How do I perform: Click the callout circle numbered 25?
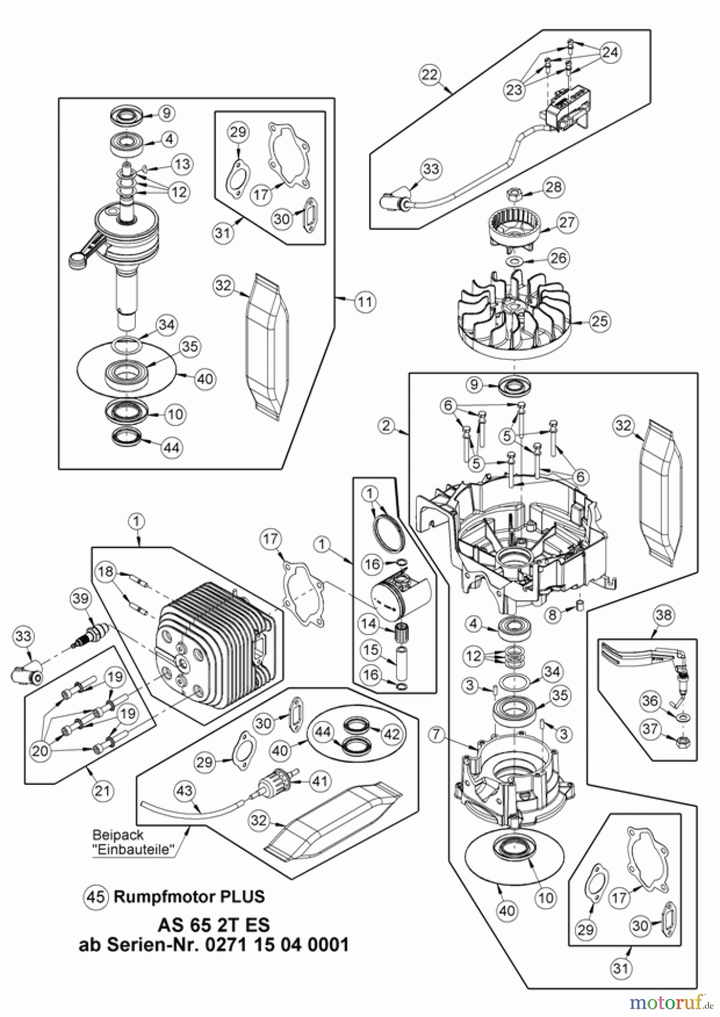[x=600, y=321]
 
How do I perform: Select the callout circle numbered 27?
[x=567, y=222]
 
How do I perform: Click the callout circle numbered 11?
[x=365, y=302]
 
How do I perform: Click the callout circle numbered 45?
[x=95, y=896]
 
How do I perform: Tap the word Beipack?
[x=118, y=835]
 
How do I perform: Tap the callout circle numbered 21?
[x=102, y=790]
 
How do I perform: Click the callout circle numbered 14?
[x=369, y=624]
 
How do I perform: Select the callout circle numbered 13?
[x=182, y=164]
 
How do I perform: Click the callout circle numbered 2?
[x=387, y=425]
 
